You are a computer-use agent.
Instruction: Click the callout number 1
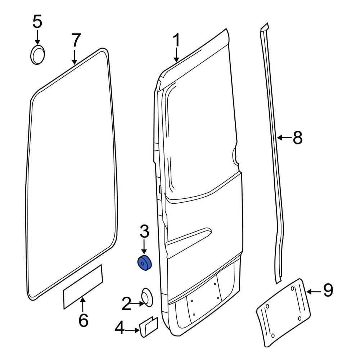tap(176, 41)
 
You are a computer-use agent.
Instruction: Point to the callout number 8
tap(297, 138)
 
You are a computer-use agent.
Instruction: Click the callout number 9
tap(328, 290)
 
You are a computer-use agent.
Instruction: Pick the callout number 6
tap(83, 320)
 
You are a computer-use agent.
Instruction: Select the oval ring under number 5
tap(37, 55)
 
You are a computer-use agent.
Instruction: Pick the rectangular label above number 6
tap(83, 287)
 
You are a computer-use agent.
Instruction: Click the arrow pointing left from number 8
tap(283, 138)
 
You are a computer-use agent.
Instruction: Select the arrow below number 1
tap(176, 55)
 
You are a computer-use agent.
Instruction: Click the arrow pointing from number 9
tap(312, 291)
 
